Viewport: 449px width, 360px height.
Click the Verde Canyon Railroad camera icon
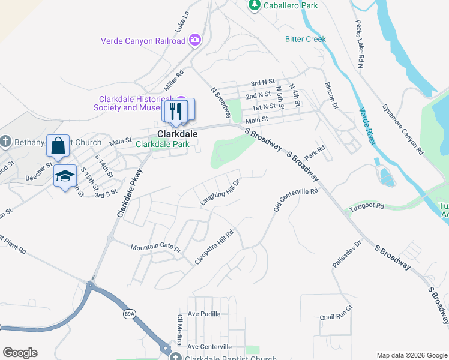pos(194,41)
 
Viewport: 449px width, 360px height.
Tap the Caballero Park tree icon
pos(254,5)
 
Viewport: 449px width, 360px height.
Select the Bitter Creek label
pos(305,39)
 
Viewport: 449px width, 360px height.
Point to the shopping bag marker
pos(58,146)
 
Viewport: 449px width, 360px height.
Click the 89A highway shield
pos(130,313)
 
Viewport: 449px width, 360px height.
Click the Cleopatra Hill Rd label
pos(214,247)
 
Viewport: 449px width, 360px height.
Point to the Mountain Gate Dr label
pos(155,247)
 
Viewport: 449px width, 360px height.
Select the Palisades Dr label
pos(347,254)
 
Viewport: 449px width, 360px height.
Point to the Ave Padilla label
pos(204,314)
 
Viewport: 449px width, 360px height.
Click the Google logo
pos(20,353)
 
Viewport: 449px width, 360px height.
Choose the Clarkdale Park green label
pos(163,144)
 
